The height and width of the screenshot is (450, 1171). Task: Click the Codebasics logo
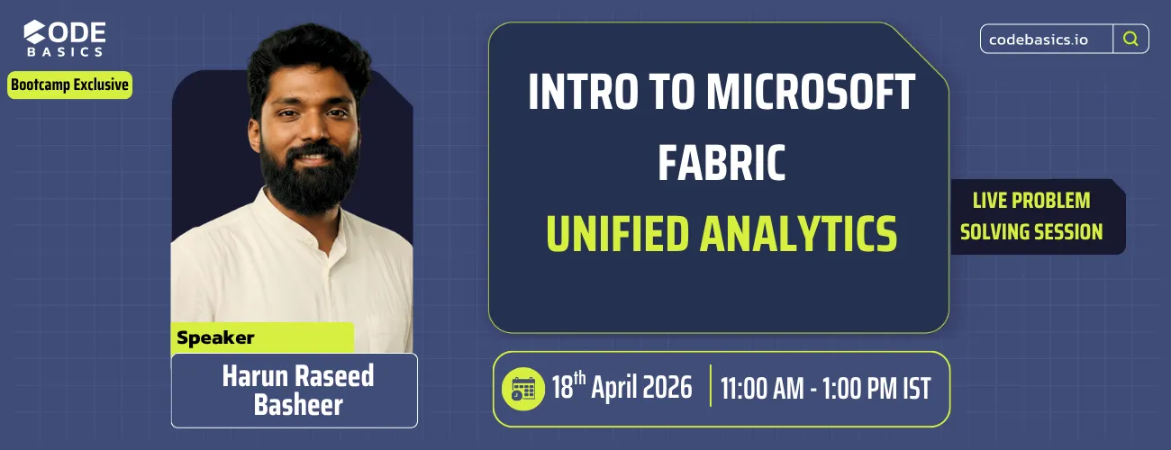pyautogui.click(x=64, y=40)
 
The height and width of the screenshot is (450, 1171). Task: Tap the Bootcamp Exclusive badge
pyautogui.click(x=70, y=85)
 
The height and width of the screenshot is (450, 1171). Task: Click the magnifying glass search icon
pyautogui.click(x=1130, y=39)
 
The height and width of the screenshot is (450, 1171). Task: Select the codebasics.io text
pyautogui.click(x=1045, y=40)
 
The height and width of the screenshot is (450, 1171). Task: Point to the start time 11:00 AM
pyautogui.click(x=774, y=389)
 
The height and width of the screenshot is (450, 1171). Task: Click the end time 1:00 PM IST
pyautogui.click(x=884, y=389)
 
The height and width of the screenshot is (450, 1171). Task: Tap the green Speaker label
pyautogui.click(x=216, y=338)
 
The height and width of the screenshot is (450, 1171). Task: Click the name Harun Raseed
pyautogui.click(x=297, y=375)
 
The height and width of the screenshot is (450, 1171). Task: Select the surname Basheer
pyautogui.click(x=297, y=405)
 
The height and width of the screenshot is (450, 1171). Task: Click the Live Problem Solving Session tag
pyautogui.click(x=1031, y=216)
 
